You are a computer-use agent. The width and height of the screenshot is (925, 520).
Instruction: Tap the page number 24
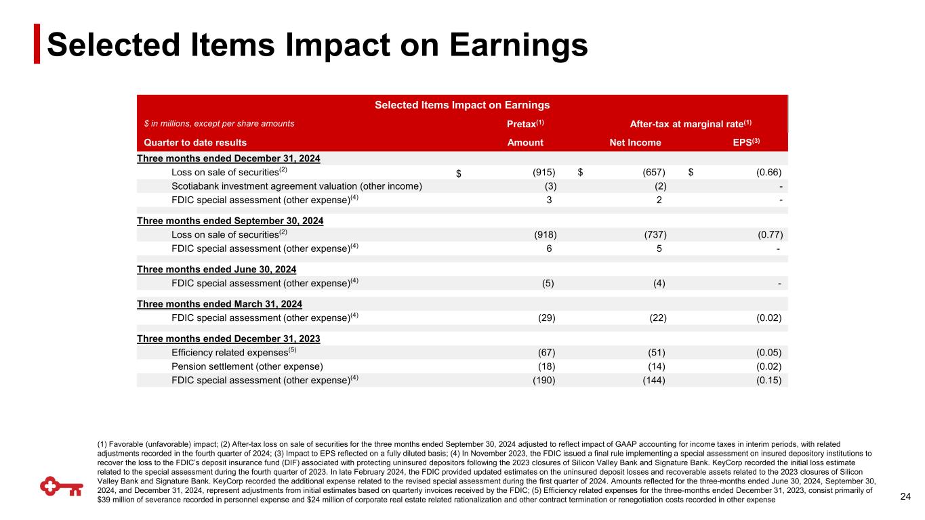pos(905,497)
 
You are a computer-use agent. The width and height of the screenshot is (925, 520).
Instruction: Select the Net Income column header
pos(635,142)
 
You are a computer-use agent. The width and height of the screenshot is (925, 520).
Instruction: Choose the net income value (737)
pos(655,234)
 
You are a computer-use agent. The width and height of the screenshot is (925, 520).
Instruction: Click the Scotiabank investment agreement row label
pos(297,186)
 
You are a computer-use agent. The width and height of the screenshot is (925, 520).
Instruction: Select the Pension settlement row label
pos(247,366)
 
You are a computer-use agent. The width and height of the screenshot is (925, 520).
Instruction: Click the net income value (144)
pos(653,380)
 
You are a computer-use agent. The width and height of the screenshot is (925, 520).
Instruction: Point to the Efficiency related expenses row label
pos(234,352)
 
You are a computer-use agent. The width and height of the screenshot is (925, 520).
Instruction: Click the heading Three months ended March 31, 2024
pos(220,304)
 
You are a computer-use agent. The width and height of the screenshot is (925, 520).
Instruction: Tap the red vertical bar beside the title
pos(37,45)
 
